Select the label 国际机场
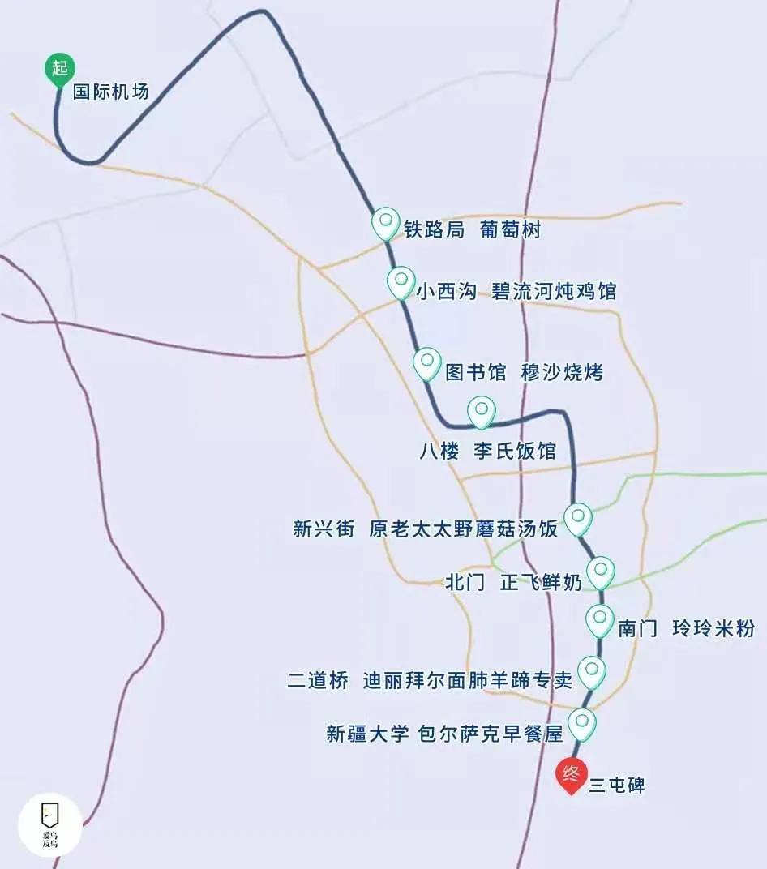click(111, 92)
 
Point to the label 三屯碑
click(616, 785)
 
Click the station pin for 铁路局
click(385, 222)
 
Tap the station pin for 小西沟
click(401, 282)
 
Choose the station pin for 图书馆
click(426, 363)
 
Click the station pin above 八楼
click(482, 411)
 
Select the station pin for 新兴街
click(578, 518)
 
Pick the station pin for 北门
click(600, 571)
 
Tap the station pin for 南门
click(599, 620)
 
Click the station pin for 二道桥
click(592, 670)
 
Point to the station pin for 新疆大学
click(582, 722)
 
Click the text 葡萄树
click(509, 230)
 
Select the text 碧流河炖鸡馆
click(554, 291)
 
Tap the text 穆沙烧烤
click(562, 372)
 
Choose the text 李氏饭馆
click(515, 452)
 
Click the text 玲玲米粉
click(713, 628)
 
